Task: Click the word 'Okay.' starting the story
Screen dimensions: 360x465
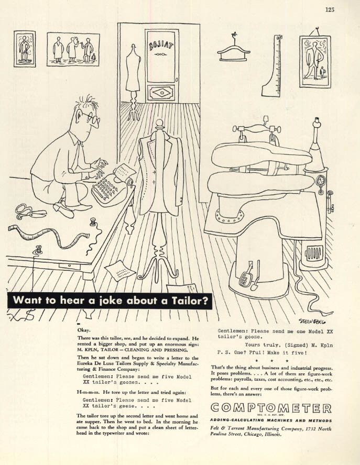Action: (84, 330)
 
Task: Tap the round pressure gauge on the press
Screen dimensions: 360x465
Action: (321, 181)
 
